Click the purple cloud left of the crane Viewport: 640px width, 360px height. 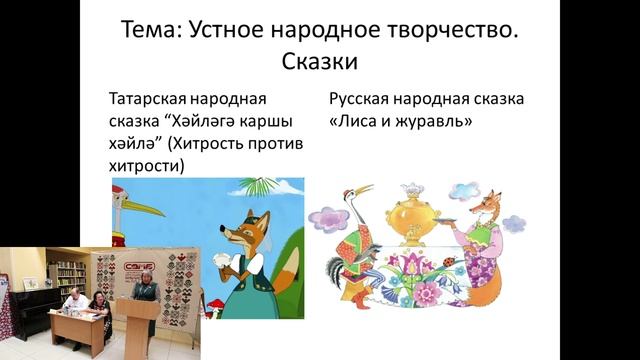pyautogui.click(x=326, y=214)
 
